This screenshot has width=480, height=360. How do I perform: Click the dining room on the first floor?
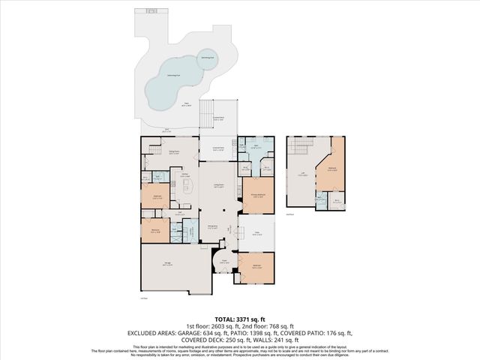tap(173, 153)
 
